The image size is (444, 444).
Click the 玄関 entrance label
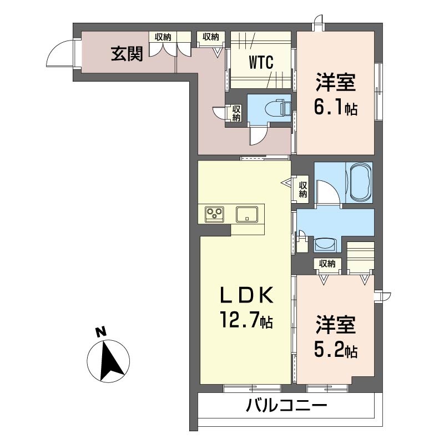click(x=127, y=54)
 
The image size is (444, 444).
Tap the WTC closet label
click(x=261, y=62)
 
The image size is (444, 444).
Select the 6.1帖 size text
click(x=336, y=108)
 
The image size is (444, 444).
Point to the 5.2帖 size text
click(x=336, y=350)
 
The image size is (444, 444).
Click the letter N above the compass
click(x=100, y=332)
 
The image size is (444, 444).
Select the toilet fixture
click(x=279, y=108)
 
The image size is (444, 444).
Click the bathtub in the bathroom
click(x=360, y=183)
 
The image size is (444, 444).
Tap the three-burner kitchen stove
click(x=214, y=214)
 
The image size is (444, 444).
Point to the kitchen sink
click(x=247, y=214)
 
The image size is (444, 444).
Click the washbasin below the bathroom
click(x=325, y=245)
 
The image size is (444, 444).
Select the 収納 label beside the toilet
click(x=236, y=113)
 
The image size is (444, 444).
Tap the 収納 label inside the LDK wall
click(x=302, y=189)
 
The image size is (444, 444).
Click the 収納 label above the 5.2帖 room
click(x=327, y=264)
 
